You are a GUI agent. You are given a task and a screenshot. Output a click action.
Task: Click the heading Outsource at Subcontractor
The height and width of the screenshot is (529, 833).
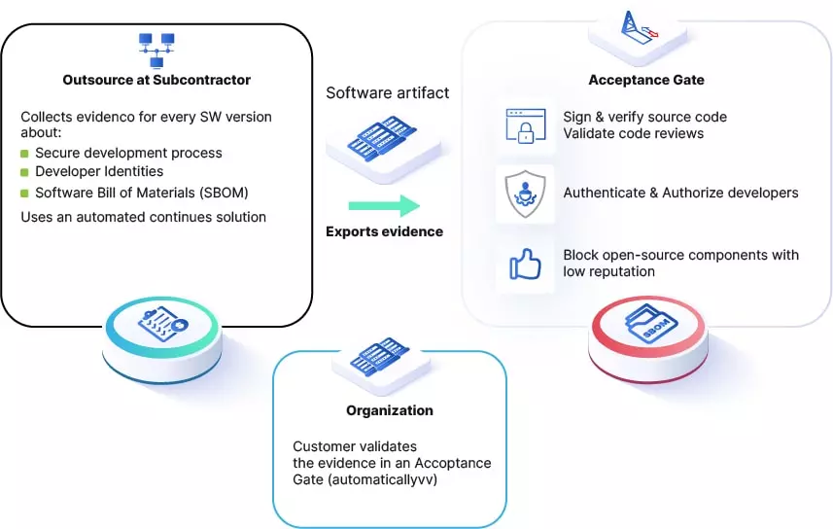[156, 80]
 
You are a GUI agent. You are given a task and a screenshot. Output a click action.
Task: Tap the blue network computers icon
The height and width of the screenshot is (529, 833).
[156, 51]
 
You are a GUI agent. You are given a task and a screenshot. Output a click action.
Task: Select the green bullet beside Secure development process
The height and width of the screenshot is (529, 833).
[24, 154]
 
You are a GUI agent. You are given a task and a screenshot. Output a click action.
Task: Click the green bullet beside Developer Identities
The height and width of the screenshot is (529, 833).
[24, 172]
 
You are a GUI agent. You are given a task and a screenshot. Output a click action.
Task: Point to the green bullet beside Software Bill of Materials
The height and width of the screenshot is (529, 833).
[24, 193]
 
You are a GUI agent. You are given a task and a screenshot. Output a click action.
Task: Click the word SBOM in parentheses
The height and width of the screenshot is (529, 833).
[225, 193]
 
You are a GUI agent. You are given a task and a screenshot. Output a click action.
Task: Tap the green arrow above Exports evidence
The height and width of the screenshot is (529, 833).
[384, 206]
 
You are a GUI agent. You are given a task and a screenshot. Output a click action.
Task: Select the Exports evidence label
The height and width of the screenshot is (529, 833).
[384, 231]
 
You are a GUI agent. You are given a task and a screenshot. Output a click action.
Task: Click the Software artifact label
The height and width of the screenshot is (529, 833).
[387, 93]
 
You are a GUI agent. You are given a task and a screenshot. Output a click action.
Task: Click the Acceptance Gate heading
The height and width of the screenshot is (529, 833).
[646, 80]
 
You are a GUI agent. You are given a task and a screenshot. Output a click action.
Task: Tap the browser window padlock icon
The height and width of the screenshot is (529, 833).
[526, 126]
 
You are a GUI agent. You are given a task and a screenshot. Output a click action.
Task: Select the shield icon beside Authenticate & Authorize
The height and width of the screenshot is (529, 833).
[525, 194]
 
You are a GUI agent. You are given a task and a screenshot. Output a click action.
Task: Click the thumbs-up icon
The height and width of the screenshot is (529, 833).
[526, 264]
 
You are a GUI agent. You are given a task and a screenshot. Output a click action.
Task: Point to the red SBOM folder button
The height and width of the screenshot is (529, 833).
[648, 337]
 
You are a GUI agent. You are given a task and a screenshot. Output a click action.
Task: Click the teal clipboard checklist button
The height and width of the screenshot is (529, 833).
[162, 338]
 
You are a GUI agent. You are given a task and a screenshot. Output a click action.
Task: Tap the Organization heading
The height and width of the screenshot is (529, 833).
[390, 410]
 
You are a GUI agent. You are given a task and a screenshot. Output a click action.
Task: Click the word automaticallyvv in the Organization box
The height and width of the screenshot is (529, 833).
[383, 479]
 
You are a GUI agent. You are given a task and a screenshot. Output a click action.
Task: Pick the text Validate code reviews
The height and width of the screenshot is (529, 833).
[633, 133]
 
